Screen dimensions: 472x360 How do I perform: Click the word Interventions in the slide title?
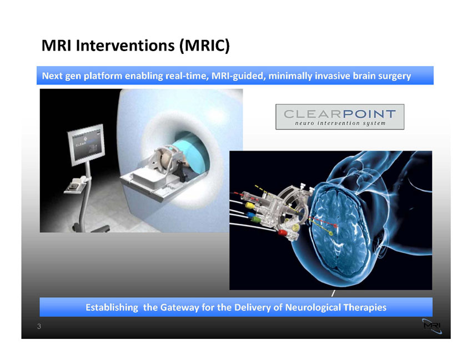pyautogui.click(x=125, y=46)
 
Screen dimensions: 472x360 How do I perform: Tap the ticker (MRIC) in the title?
pyautogui.click(x=204, y=46)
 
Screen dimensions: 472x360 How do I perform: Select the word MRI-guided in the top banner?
pyautogui.click(x=238, y=76)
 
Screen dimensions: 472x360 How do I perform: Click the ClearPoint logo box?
pyautogui.click(x=340, y=117)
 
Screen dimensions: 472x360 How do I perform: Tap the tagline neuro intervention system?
pyautogui.click(x=340, y=123)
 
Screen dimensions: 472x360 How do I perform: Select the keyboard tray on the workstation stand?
pyautogui.click(x=77, y=184)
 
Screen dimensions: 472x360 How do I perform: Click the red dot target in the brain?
pyautogui.click(x=335, y=226)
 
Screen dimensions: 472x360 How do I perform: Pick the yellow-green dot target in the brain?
pyautogui.click(x=331, y=233)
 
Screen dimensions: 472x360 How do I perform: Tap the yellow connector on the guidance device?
pyautogui.click(x=250, y=206)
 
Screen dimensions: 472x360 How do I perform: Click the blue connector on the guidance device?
pyautogui.click(x=250, y=215)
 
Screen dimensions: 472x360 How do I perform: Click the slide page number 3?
pyautogui.click(x=39, y=326)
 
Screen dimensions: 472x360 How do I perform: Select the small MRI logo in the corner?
pyautogui.click(x=432, y=326)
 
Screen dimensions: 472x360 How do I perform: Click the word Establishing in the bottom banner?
pyautogui.click(x=112, y=308)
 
